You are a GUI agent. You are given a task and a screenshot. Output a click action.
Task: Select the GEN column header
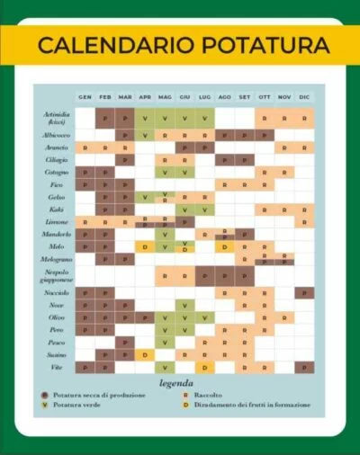(85, 97)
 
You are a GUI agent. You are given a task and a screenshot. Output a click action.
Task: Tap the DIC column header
(304, 97)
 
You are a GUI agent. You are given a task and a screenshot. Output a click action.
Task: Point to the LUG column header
(204, 97)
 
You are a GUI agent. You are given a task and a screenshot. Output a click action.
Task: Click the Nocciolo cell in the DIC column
(304, 293)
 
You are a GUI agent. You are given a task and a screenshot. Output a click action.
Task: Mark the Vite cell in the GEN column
(85, 367)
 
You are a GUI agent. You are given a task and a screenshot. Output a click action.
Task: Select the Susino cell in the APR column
(144, 354)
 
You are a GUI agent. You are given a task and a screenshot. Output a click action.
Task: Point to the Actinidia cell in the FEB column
(105, 118)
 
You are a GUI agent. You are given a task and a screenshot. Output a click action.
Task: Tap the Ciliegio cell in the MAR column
(125, 159)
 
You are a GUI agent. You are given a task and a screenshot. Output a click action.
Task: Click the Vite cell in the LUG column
(204, 367)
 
